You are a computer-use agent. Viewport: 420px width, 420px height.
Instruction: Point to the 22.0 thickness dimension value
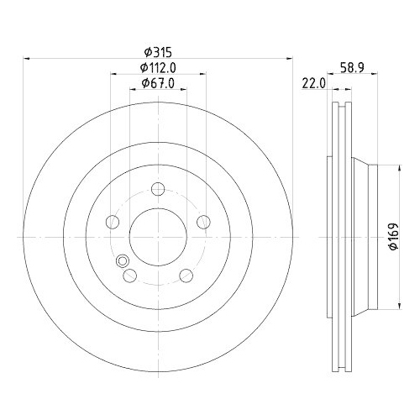(x=313, y=82)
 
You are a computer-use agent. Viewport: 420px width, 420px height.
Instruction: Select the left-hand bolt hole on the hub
(x=113, y=223)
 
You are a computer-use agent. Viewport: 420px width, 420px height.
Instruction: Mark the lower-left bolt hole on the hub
(x=130, y=276)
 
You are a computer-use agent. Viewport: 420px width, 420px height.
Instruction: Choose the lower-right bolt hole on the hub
(x=186, y=276)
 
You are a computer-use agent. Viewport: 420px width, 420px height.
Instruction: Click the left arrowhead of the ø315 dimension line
(x=27, y=58)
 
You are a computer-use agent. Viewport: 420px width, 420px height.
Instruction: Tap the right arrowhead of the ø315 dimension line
(x=291, y=58)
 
